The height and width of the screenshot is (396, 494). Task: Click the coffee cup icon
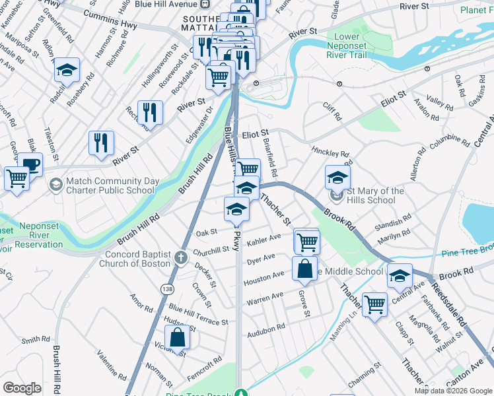(x=30, y=164)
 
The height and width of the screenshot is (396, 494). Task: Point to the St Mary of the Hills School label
(x=377, y=195)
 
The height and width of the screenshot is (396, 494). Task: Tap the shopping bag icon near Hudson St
(x=178, y=337)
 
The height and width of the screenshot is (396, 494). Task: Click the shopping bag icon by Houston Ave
(x=304, y=268)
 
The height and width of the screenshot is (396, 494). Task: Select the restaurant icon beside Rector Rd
(x=150, y=112)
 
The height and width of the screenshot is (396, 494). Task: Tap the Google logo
(x=22, y=388)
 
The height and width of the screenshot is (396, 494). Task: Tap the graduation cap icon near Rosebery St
(x=67, y=70)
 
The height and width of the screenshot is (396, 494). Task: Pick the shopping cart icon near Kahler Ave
(x=307, y=242)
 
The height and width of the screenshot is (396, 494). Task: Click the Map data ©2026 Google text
(x=452, y=391)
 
